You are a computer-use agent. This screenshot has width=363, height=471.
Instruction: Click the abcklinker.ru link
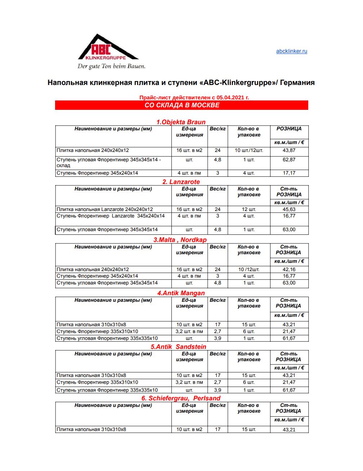tap(291, 51)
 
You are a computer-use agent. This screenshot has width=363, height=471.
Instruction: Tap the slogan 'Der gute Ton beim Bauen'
tap(111, 66)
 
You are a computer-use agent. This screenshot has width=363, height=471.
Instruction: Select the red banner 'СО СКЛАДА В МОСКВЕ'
tap(181, 105)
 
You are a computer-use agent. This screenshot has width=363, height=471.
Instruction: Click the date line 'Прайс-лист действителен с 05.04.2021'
tap(194, 97)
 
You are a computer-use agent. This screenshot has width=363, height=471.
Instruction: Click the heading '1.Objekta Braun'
tap(181, 122)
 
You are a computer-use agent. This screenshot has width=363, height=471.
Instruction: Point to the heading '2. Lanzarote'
tap(181, 181)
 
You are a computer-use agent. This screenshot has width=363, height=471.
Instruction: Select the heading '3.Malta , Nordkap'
tap(180, 240)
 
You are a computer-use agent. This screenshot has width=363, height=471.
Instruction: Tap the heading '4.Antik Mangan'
tap(181, 293)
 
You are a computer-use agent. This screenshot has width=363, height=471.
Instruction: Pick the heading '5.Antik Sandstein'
tap(178, 346)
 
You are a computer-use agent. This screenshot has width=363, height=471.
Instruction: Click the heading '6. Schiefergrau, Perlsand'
tap(181, 398)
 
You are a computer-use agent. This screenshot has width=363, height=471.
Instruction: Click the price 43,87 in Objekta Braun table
tap(289, 151)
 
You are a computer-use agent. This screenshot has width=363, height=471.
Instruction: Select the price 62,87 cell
tap(289, 160)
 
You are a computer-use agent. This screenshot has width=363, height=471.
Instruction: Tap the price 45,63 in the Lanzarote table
tap(289, 209)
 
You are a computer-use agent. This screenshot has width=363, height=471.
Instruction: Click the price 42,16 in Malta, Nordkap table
tap(289, 269)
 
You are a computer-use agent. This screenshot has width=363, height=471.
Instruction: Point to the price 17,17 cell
tap(289, 173)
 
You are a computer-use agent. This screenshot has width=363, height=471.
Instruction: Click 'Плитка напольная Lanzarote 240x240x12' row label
tap(105, 209)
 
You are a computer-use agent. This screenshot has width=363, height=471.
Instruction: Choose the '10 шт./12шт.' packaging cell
tap(248, 151)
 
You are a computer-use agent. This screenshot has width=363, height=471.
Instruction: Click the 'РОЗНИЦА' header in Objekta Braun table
tap(289, 129)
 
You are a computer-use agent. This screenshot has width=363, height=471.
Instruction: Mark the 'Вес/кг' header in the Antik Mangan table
tap(218, 300)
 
